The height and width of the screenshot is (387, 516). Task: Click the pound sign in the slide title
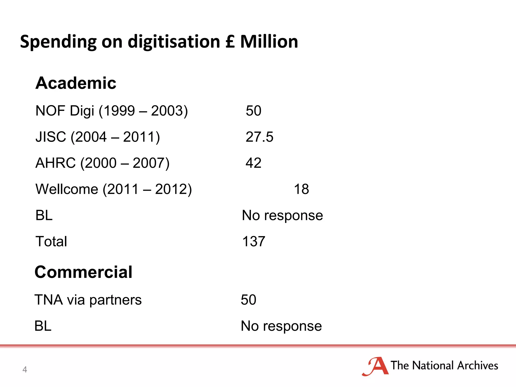tap(230, 42)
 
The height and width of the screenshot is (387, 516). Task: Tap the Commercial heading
tap(83, 272)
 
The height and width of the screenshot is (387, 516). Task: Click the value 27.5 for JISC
tap(259, 137)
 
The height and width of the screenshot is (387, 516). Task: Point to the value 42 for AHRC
tap(253, 163)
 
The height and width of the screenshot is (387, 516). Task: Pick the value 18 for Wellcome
tap(301, 189)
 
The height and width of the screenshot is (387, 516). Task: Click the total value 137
tap(253, 241)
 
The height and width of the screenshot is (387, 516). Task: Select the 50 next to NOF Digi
tap(253, 111)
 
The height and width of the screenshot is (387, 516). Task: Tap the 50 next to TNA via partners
tap(248, 300)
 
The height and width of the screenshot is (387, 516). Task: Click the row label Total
tap(51, 241)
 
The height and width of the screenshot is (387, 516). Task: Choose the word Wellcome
tap(67, 189)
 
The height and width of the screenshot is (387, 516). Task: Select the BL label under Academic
tap(44, 215)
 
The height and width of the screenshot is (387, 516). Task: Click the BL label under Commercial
tap(43, 326)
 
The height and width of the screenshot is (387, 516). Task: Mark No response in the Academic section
tap(282, 215)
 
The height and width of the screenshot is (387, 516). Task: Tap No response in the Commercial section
tap(281, 326)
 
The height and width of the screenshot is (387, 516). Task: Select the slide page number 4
tap(25, 369)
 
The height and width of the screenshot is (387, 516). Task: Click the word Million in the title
tap(269, 42)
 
